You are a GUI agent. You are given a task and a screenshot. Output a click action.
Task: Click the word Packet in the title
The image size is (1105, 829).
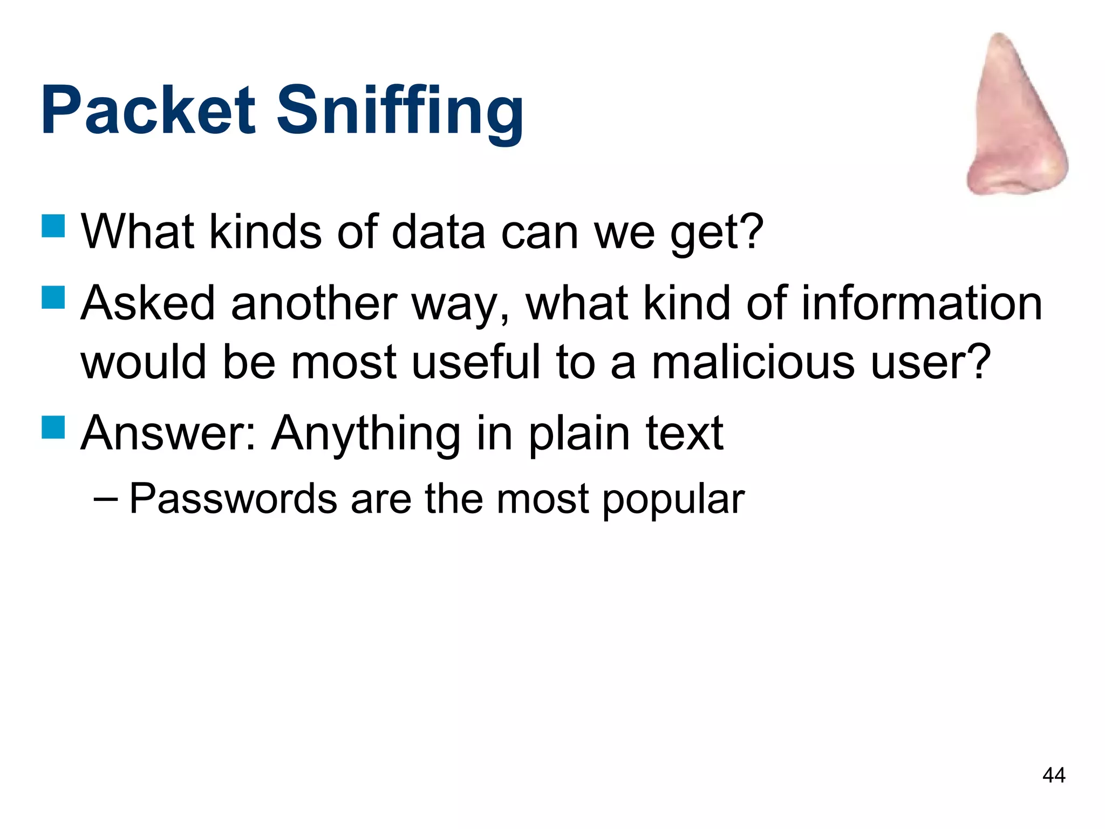coord(148,111)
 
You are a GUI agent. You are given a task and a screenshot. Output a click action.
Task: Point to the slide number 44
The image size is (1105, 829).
coord(1054,776)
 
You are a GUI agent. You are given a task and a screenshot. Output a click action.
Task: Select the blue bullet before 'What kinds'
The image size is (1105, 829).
coord(53,226)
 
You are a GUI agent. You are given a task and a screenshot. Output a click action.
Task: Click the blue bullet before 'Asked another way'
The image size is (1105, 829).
coord(53,297)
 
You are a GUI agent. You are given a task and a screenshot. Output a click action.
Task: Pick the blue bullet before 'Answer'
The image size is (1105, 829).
coord(53,427)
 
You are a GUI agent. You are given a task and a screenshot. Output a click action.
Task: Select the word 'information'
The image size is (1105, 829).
coord(922,303)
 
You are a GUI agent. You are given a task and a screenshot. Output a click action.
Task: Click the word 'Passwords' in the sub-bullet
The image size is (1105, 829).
coord(234,499)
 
